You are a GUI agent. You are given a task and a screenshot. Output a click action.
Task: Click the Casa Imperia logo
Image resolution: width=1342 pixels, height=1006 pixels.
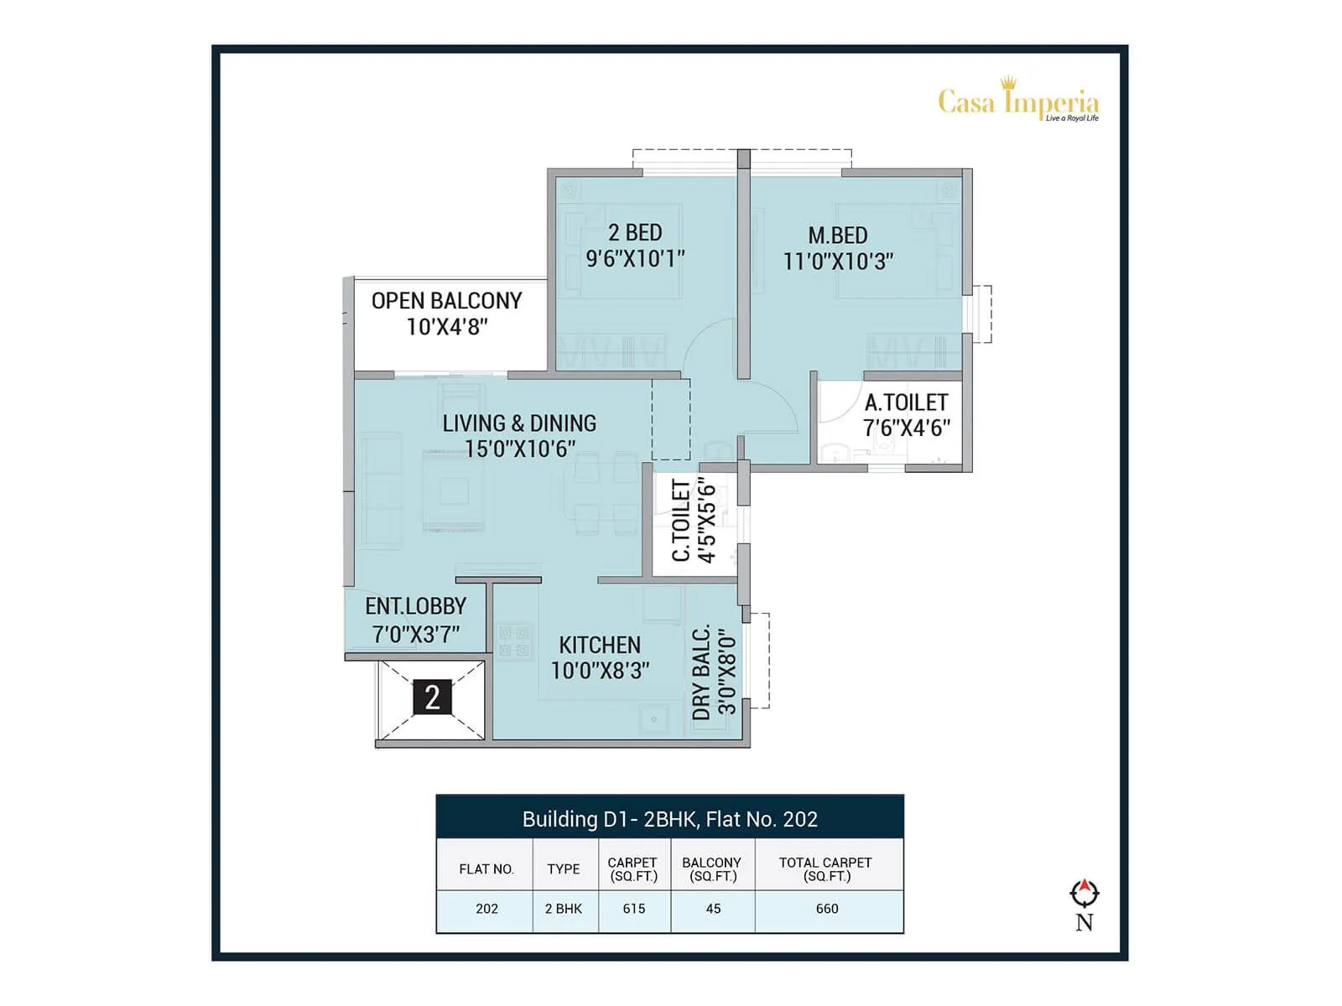tap(1017, 101)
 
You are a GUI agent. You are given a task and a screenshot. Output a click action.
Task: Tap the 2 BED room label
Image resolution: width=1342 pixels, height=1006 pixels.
tap(635, 232)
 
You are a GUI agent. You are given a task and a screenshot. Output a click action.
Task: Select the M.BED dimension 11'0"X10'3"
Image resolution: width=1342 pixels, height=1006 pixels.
tap(838, 262)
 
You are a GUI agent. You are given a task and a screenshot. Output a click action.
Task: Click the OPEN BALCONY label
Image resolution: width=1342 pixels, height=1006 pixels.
tap(446, 300)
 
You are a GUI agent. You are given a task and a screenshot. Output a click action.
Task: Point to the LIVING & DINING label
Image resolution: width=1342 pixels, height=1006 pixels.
tap(519, 423)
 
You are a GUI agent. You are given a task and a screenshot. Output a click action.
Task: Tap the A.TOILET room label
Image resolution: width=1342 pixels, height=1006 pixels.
tap(906, 402)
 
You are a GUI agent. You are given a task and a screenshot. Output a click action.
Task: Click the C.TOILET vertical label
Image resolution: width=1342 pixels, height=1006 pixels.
tap(681, 520)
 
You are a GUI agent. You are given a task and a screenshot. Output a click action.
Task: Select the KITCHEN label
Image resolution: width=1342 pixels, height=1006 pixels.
tap(600, 645)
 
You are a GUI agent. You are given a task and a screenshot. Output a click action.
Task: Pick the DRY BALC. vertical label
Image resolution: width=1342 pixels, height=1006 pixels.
tap(702, 672)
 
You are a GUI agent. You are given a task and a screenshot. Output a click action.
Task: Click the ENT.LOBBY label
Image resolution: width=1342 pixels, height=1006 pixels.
tap(415, 606)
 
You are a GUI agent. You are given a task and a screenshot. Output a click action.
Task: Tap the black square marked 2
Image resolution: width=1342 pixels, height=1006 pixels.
tap(432, 697)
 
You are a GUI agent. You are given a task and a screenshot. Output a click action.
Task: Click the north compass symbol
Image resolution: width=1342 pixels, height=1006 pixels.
tap(1085, 894)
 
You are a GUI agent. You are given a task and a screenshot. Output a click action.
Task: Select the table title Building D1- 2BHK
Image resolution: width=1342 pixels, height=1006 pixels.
tap(669, 819)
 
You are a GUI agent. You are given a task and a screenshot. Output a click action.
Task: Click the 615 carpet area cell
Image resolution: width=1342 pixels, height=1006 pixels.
tap(634, 909)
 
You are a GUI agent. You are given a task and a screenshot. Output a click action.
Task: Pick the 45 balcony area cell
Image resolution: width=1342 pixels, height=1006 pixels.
tap(713, 909)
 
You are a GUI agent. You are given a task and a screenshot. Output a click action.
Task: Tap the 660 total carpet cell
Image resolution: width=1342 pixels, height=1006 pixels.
tap(827, 909)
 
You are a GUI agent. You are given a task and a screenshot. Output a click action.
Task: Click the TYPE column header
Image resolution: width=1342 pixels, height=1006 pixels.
tap(564, 869)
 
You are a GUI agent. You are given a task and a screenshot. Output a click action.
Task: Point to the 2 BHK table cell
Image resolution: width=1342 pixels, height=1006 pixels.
tap(564, 909)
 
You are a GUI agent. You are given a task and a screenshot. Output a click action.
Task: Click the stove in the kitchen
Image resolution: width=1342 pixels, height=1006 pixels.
tap(514, 641)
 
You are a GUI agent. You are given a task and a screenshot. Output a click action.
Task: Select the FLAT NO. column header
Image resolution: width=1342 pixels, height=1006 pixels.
tap(486, 869)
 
